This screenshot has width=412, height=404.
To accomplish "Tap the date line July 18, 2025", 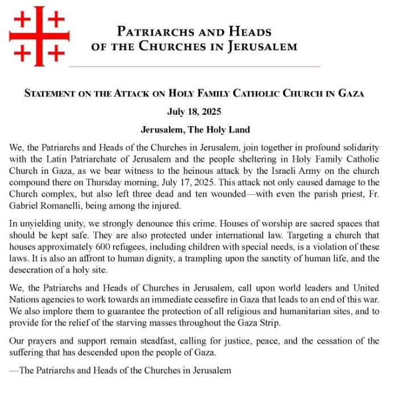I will click(194, 111).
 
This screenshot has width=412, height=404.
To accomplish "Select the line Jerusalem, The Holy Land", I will click(195, 130).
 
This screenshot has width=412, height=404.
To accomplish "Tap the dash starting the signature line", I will click(14, 370).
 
